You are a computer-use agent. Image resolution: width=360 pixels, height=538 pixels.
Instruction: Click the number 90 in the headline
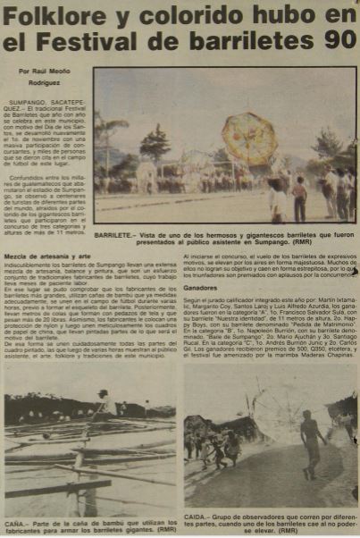337,43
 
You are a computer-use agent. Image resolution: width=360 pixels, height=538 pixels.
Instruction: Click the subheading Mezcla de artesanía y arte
44,256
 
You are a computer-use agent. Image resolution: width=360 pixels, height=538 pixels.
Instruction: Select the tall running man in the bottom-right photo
309,442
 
